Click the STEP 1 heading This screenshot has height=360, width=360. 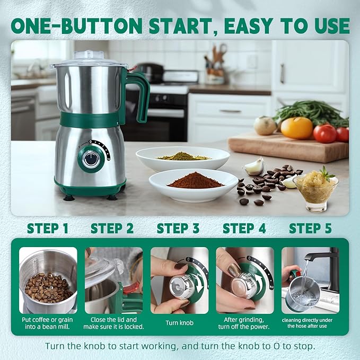48,229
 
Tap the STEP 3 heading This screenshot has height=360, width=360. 178,229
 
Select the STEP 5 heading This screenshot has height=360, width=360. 310,229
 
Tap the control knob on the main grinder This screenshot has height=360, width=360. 92,157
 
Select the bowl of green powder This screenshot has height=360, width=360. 183,157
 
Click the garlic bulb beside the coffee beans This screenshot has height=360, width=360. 254,166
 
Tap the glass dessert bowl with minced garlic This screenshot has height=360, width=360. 316,191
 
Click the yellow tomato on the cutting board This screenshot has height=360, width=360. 296,128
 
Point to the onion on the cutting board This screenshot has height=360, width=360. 265,126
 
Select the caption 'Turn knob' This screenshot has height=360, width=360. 179,323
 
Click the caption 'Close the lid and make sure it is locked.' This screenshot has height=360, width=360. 113,323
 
